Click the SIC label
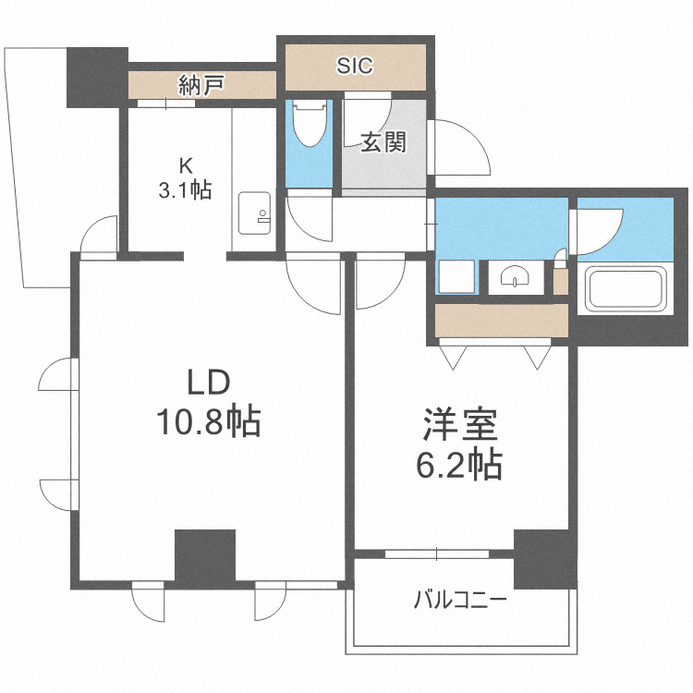(x=355, y=66)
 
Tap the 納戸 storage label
(x=201, y=87)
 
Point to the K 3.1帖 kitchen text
(x=184, y=179)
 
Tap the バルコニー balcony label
(x=459, y=602)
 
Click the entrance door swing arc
(x=461, y=147)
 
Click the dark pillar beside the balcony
(x=544, y=559)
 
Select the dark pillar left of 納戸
(x=96, y=76)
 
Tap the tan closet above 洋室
(x=502, y=320)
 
